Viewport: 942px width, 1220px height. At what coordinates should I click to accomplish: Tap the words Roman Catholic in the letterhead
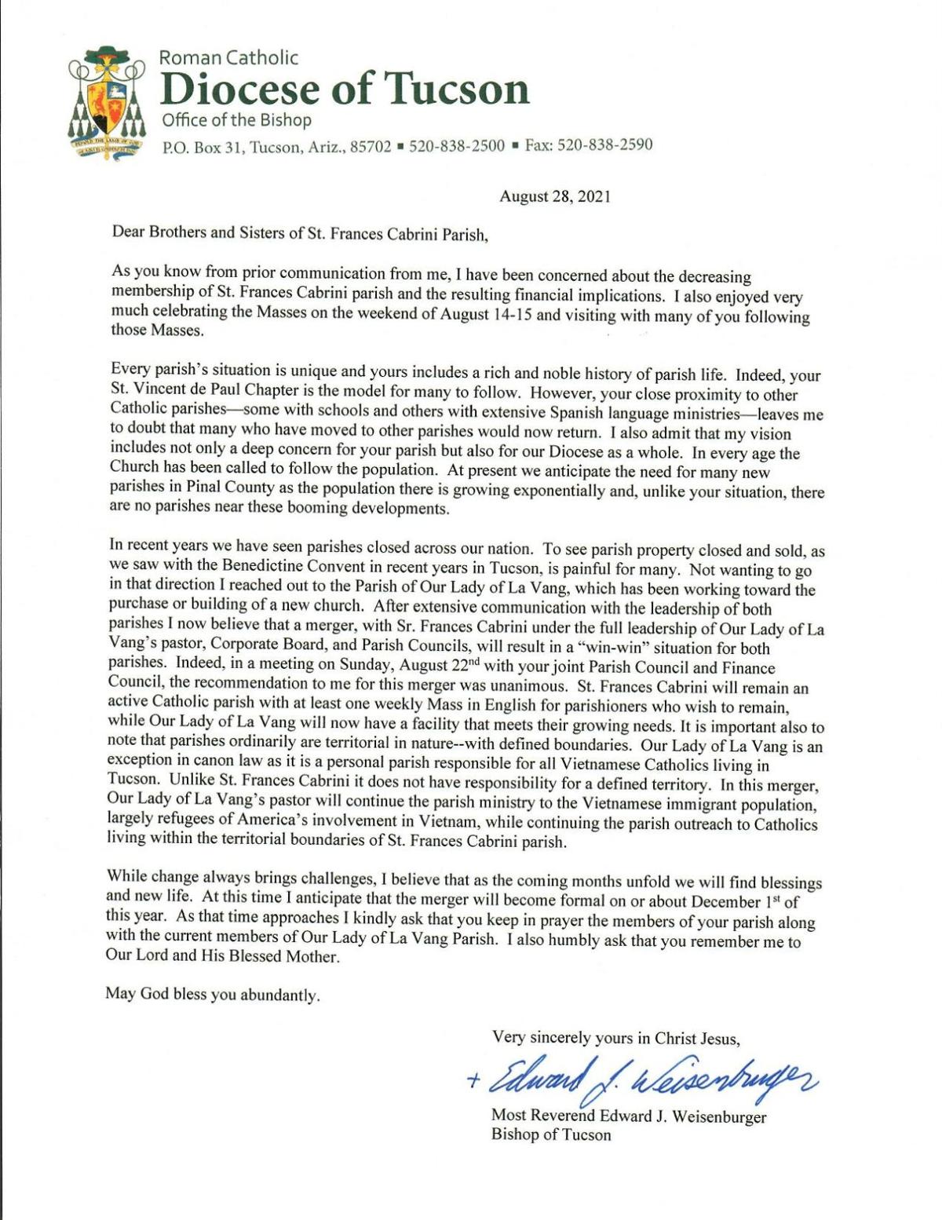click(x=228, y=57)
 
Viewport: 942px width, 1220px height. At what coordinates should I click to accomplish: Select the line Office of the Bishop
click(x=236, y=120)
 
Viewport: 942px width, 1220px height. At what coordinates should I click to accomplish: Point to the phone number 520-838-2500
click(x=456, y=146)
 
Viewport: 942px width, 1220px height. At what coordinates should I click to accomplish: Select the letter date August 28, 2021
click(x=554, y=196)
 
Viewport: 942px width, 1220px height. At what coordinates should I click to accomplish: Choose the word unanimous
click(x=517, y=687)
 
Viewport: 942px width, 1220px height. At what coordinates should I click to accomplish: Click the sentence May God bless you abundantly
click(x=213, y=995)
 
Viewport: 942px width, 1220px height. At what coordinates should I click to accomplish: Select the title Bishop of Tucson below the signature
click(x=550, y=1135)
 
